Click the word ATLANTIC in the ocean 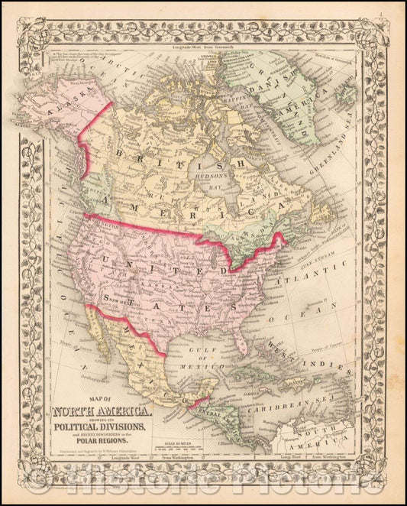click(308, 264)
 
